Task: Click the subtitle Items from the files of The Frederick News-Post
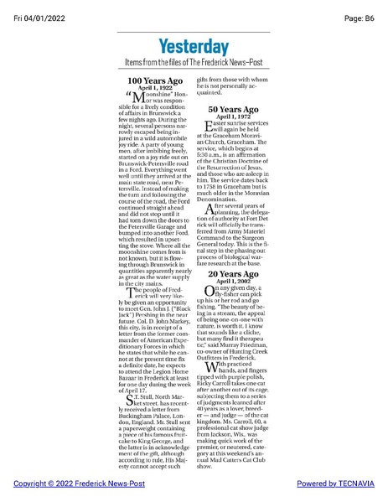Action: click(x=194, y=63)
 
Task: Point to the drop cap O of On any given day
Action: click(x=209, y=292)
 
